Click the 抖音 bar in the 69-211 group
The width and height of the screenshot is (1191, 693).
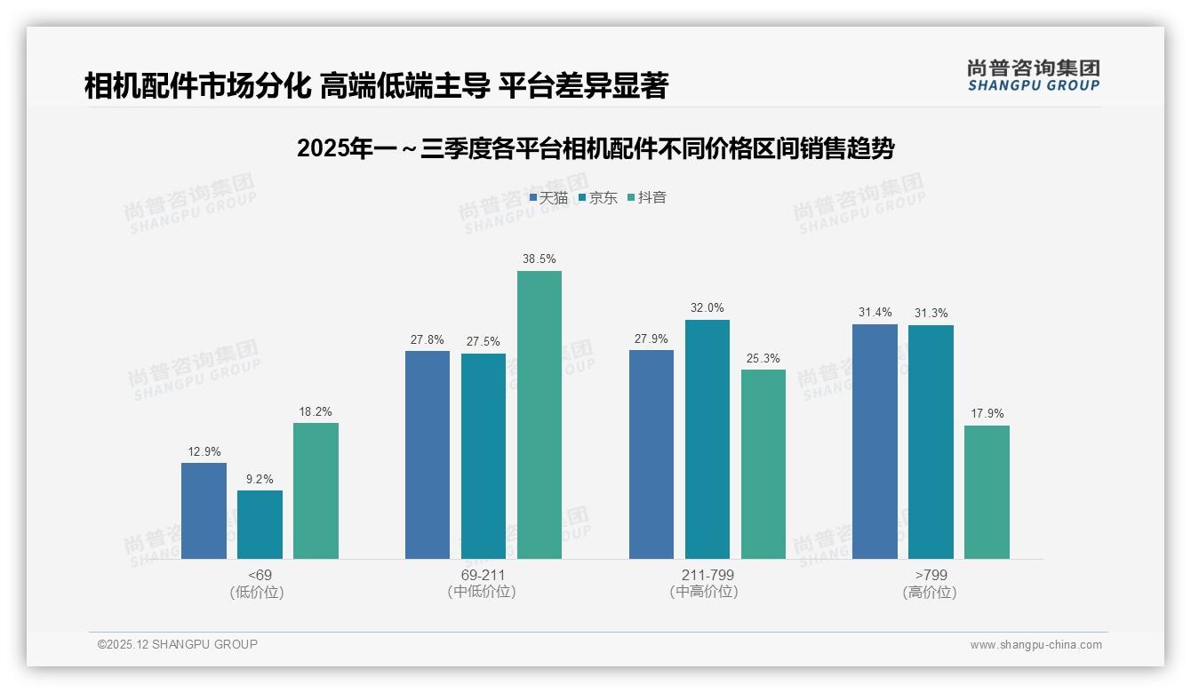(x=540, y=415)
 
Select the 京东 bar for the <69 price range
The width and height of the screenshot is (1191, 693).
(x=260, y=524)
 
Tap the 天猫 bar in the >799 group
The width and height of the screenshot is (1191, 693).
(x=875, y=442)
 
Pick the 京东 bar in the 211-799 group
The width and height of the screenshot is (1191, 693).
(x=707, y=439)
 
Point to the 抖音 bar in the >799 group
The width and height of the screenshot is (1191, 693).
(x=987, y=492)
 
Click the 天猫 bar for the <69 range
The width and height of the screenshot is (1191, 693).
(x=204, y=511)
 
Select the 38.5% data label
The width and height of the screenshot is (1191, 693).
(x=540, y=259)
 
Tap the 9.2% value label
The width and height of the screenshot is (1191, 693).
(x=260, y=479)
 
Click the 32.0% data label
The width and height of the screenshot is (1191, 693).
(x=707, y=308)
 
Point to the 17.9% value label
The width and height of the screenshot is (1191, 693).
(x=987, y=414)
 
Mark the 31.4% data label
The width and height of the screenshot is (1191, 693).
(x=875, y=313)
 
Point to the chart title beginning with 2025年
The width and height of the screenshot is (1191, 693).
(x=595, y=148)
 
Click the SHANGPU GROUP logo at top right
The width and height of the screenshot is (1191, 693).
(x=1033, y=76)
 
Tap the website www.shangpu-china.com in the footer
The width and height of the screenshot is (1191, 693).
(x=1035, y=645)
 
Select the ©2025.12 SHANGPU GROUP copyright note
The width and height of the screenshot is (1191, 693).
(x=178, y=644)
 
